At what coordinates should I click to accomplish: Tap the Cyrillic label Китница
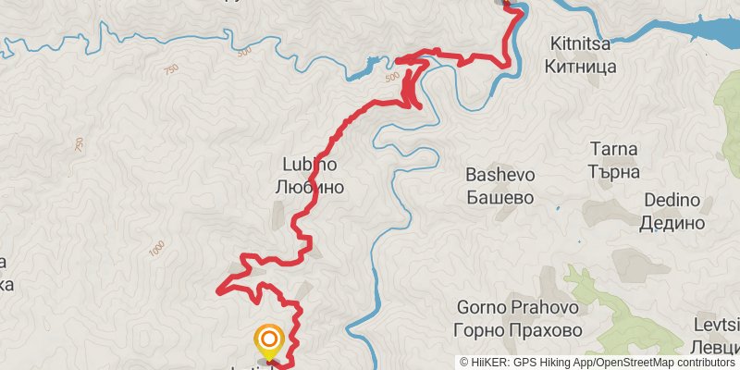(x=582, y=67)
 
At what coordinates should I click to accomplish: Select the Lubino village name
(x=309, y=164)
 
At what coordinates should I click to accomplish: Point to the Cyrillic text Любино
(x=309, y=187)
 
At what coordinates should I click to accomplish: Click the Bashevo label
(x=500, y=174)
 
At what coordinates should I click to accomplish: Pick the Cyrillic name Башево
(x=500, y=197)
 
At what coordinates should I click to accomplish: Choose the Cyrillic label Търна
(x=614, y=171)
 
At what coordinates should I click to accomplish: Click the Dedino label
(x=672, y=200)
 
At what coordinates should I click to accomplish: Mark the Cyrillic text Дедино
(x=672, y=223)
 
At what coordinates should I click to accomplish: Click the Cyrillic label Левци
(x=718, y=348)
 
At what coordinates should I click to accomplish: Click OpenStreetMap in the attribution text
(x=627, y=362)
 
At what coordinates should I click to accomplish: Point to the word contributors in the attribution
(x=702, y=362)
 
